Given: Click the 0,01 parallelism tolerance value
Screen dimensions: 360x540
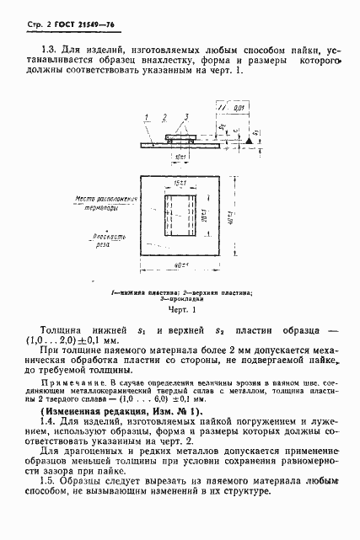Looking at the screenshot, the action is tap(241, 109).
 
